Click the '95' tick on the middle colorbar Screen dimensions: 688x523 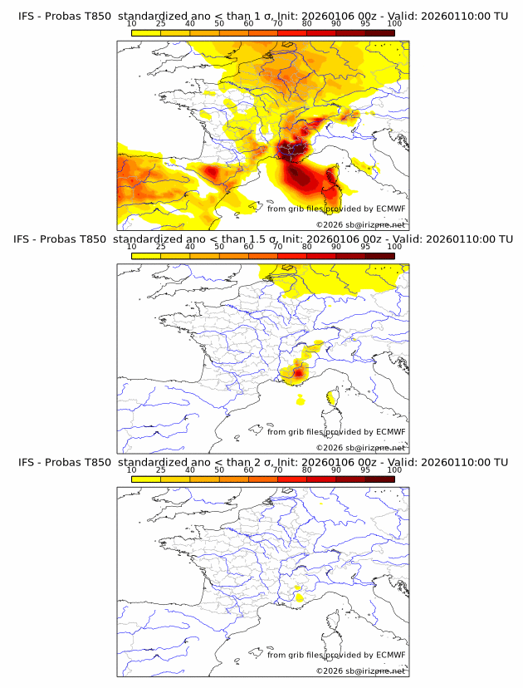pos(365,247)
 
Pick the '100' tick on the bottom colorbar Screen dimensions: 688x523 pos(394,469)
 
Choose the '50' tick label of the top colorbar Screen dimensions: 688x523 pos(219,25)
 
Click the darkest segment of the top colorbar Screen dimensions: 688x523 pos(380,32)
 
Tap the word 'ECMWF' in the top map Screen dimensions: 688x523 pos(390,209)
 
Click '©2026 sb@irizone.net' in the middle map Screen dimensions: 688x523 pos(360,447)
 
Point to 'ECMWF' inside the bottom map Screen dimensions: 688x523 pos(390,654)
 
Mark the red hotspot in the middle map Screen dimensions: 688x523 pos(298,371)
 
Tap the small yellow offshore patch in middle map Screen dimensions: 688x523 pos(300,401)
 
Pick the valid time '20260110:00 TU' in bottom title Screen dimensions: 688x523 pos(469,462)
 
